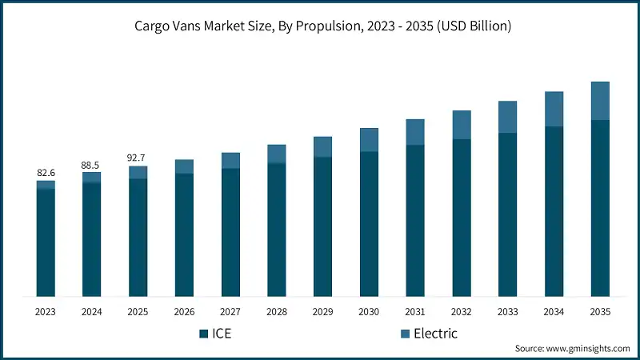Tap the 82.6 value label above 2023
click(x=46, y=173)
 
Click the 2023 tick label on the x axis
click(x=46, y=311)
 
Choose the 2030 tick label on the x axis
click(x=369, y=311)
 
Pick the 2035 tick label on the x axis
click(x=600, y=311)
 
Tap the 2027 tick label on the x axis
click(x=230, y=311)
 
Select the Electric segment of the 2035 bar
click(x=600, y=101)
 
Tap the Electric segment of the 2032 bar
click(x=462, y=125)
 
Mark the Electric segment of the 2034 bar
click(x=554, y=109)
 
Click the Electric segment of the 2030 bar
click(x=369, y=140)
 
